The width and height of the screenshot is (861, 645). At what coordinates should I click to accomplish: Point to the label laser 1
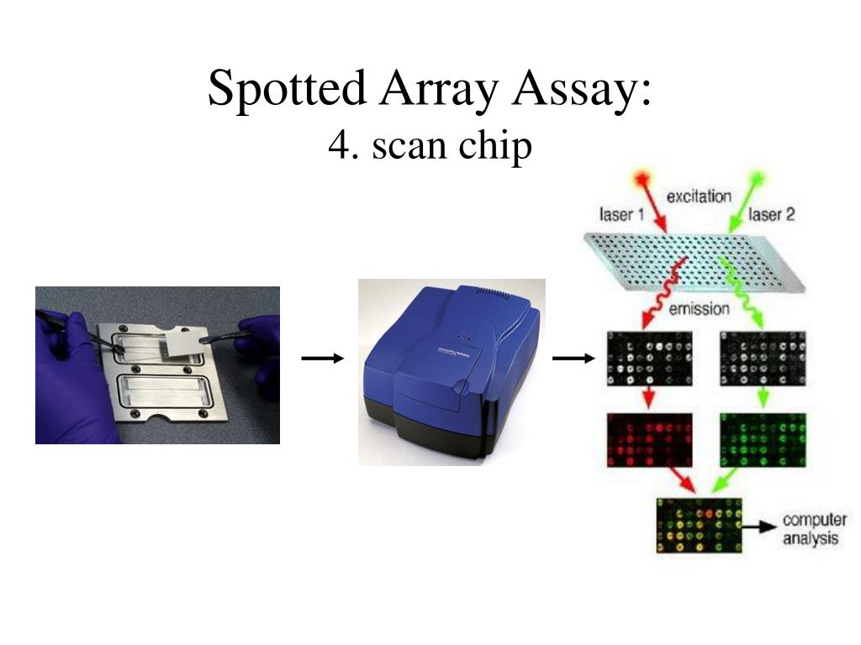pyautogui.click(x=621, y=215)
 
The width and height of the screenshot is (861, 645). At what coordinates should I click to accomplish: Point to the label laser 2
pyautogui.click(x=771, y=215)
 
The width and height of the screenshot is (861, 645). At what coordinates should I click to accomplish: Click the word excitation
pyautogui.click(x=699, y=197)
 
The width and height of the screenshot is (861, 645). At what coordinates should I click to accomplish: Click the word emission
pyautogui.click(x=699, y=309)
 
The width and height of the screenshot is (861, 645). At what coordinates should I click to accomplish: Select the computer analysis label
pyautogui.click(x=814, y=528)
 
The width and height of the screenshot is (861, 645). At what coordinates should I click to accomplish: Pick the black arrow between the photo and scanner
pyautogui.click(x=323, y=359)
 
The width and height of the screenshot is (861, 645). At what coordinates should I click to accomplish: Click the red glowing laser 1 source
pyautogui.click(x=645, y=179)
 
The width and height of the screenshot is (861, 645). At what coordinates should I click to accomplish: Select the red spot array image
pyautogui.click(x=649, y=440)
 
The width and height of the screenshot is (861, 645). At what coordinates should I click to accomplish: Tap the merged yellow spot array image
pyautogui.click(x=698, y=526)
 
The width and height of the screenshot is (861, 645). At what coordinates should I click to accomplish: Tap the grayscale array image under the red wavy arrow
pyautogui.click(x=649, y=359)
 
